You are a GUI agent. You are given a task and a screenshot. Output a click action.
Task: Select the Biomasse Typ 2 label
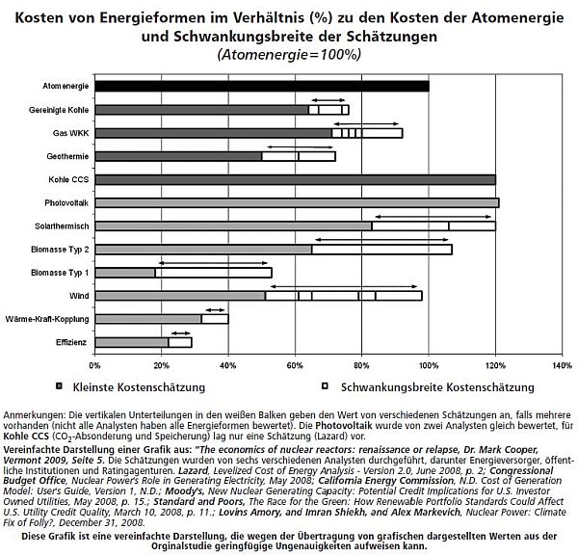[63, 250]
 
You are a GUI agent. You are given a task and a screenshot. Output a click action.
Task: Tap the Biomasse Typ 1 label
[63, 273]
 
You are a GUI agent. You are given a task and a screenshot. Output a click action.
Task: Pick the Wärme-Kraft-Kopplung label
[54, 318]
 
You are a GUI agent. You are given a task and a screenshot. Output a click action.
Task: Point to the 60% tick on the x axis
[296, 365]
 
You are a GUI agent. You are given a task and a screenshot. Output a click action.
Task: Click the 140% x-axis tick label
[562, 365]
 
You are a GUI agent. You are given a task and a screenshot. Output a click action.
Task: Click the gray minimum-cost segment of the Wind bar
[180, 295]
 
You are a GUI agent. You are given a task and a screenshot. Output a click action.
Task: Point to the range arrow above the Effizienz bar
[180, 331]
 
